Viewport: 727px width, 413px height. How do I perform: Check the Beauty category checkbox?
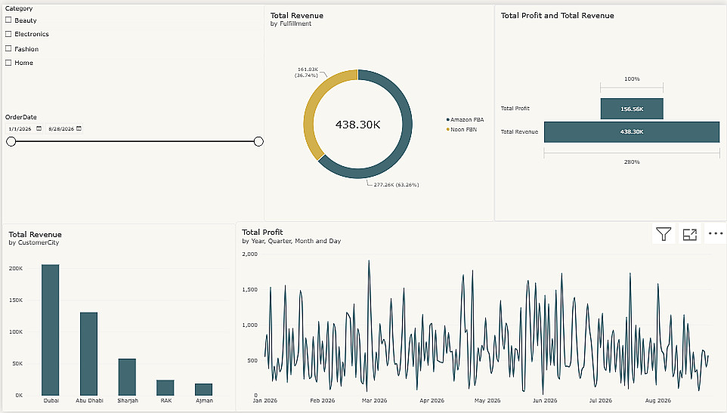coord(8,20)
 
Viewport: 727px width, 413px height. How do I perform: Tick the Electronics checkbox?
coord(8,34)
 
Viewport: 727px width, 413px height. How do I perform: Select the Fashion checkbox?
coord(8,48)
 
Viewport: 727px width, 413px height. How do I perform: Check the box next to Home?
coord(8,63)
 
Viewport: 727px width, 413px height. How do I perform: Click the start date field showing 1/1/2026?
coord(20,128)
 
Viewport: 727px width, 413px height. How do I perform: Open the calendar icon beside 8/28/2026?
coord(79,128)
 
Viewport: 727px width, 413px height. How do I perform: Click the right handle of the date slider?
coord(258,142)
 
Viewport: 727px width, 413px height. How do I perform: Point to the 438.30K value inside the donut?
coord(358,125)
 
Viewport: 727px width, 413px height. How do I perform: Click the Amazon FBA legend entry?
coord(465,119)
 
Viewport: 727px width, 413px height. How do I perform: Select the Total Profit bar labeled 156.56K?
coord(632,109)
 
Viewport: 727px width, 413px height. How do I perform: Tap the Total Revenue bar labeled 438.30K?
coord(632,132)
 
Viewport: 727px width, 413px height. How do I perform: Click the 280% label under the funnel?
coord(632,162)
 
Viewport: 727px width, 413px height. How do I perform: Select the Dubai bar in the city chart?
coord(51,330)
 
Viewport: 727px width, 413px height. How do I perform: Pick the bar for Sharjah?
coord(127,377)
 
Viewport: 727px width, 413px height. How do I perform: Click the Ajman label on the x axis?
coord(204,400)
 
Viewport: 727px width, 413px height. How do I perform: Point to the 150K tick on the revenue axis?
coord(16,300)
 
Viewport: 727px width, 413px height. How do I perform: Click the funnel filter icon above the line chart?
coord(664,234)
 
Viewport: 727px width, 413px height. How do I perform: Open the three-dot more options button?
coord(716,234)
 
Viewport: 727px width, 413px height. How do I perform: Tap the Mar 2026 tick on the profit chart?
coord(374,400)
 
